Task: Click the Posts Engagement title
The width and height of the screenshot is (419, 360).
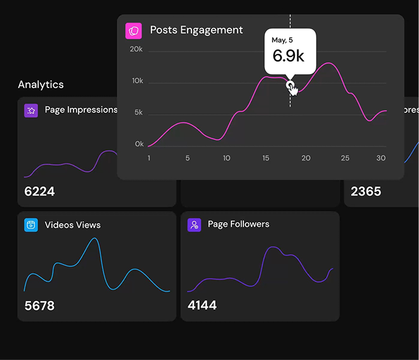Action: coord(196,30)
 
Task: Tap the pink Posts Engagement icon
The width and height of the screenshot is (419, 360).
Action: coord(134,30)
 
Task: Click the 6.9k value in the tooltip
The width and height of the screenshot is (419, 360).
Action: coord(288,55)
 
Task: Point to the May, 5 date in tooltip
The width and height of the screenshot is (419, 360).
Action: coord(282,40)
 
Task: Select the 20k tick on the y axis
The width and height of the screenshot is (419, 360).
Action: coord(136,49)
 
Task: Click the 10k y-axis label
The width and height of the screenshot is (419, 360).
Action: coord(136,81)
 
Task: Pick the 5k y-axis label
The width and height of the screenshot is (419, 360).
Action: coord(138,113)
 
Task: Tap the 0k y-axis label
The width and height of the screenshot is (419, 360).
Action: coord(139,144)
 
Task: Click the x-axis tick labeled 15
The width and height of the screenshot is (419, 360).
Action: coord(266,158)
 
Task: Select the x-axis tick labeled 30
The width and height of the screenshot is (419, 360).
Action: coord(381,158)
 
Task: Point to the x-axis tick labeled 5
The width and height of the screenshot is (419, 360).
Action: coord(188,158)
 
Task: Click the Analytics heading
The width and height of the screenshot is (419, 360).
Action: coord(41,84)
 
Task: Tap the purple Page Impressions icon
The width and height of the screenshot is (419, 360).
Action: coord(31,110)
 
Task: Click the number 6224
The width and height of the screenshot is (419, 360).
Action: coord(39,191)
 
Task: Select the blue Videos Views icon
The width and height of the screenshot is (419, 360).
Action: coord(31,225)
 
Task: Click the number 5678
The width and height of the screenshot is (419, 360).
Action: coord(39,305)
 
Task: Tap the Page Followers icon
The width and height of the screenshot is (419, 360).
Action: coord(194,224)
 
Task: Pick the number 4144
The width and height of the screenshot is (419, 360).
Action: coord(202,305)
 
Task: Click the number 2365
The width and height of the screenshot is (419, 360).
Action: coord(366,191)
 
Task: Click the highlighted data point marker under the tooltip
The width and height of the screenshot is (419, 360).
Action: coord(290,84)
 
